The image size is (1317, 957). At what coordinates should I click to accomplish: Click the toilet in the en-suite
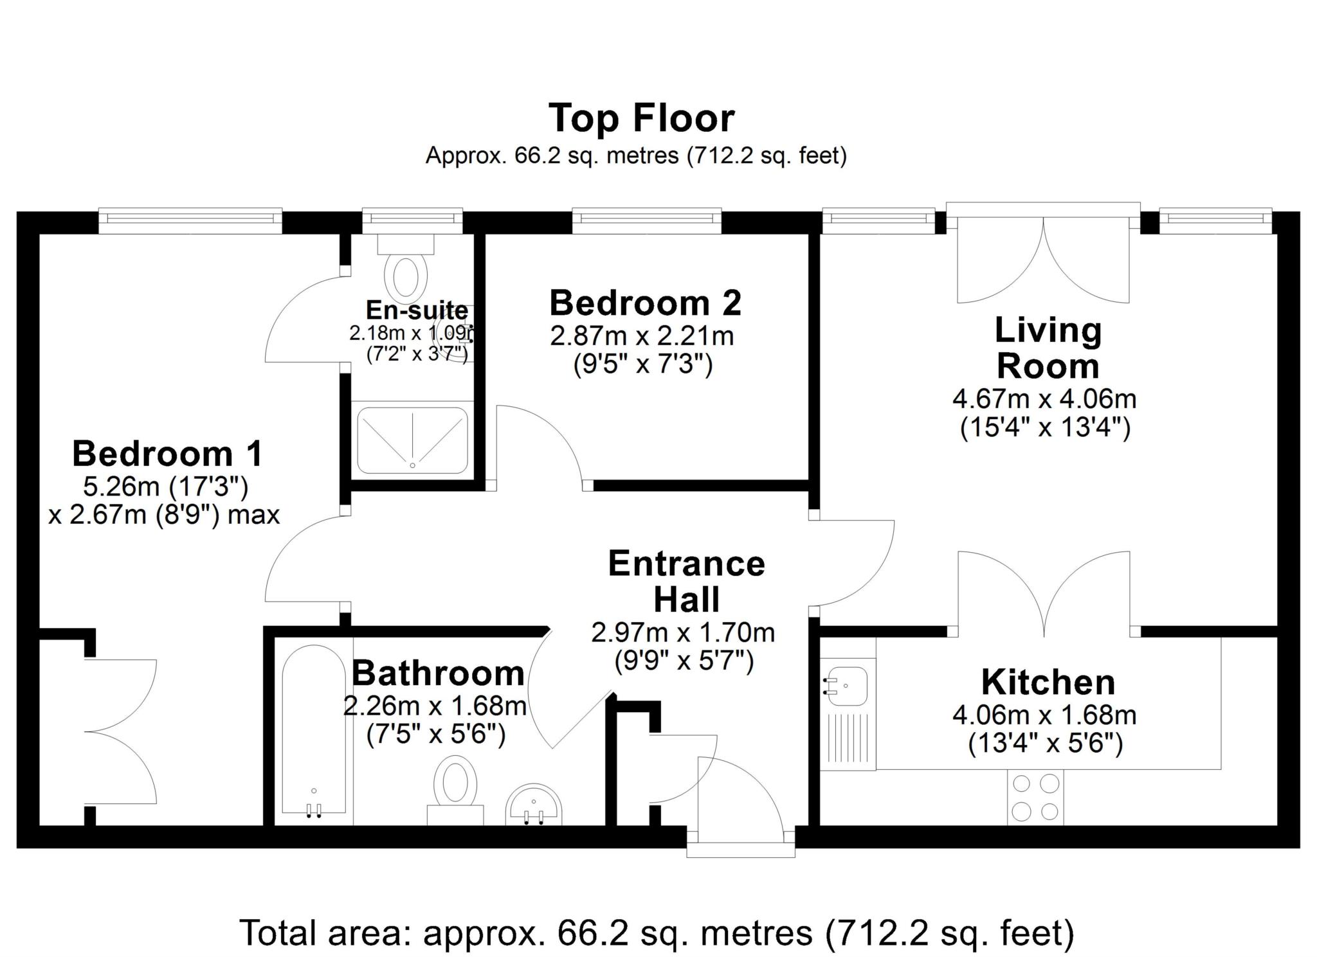(x=406, y=269)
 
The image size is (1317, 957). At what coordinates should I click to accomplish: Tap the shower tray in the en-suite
(x=412, y=440)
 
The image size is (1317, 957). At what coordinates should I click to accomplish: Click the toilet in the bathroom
(x=455, y=791)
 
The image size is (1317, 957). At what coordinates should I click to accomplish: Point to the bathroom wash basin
(x=534, y=805)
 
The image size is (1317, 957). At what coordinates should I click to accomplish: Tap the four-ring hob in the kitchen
(x=1035, y=798)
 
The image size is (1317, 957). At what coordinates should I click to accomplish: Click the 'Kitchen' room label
(x=1048, y=682)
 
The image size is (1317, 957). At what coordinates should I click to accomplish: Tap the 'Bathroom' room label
(x=438, y=673)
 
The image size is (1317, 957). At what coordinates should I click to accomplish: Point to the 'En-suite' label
(x=417, y=310)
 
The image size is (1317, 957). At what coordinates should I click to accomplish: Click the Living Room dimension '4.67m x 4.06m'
(x=1044, y=399)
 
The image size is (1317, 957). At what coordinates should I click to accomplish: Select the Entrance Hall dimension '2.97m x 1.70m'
(x=683, y=633)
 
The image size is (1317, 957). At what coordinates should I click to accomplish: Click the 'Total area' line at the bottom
(x=657, y=933)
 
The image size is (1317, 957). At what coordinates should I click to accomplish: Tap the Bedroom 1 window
(x=190, y=220)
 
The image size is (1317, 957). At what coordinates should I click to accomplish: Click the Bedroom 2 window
(x=646, y=220)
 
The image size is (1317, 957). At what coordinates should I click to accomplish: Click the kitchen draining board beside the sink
(x=848, y=739)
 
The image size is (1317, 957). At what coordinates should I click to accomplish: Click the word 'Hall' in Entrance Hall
(x=686, y=599)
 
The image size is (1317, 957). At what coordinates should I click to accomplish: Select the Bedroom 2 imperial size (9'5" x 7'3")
(x=642, y=365)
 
